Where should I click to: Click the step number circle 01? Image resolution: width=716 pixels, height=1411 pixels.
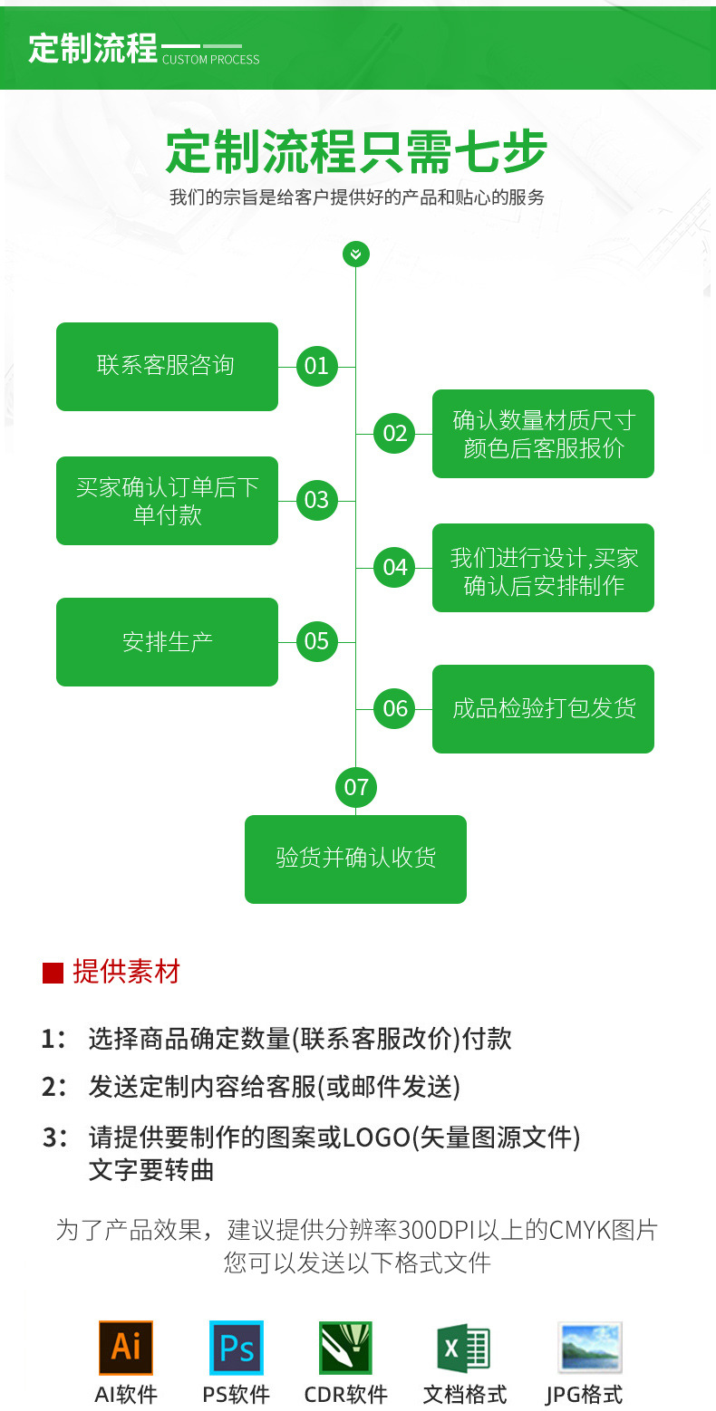(x=316, y=366)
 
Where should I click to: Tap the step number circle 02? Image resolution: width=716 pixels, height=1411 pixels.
(x=395, y=433)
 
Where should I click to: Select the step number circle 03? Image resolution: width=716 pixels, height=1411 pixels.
(x=316, y=500)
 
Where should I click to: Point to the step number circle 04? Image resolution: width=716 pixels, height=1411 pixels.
(x=395, y=567)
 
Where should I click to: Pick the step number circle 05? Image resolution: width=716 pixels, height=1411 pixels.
(x=316, y=641)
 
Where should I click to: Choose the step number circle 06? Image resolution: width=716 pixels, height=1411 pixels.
(x=395, y=708)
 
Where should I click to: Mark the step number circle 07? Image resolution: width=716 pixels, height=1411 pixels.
(x=356, y=786)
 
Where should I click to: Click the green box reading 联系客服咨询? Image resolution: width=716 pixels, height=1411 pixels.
(x=167, y=366)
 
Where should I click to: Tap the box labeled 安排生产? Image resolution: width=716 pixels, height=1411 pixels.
(x=167, y=641)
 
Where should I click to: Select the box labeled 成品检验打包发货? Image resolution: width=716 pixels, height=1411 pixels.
(x=543, y=708)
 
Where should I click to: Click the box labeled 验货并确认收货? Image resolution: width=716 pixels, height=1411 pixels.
(x=355, y=859)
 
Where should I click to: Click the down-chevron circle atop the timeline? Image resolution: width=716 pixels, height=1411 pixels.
(x=356, y=254)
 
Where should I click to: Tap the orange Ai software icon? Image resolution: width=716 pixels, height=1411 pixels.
(x=126, y=1348)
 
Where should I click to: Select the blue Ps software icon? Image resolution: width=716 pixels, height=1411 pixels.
(x=237, y=1348)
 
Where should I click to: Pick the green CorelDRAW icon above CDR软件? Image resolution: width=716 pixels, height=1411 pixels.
(x=345, y=1348)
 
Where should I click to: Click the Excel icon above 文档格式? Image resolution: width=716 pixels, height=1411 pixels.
(x=463, y=1349)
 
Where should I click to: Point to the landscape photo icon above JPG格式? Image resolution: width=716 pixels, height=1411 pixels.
(x=589, y=1348)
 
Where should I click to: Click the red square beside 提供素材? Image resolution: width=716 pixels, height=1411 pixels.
(x=53, y=973)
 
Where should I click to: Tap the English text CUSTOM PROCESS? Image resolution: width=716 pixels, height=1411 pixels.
(x=210, y=60)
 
